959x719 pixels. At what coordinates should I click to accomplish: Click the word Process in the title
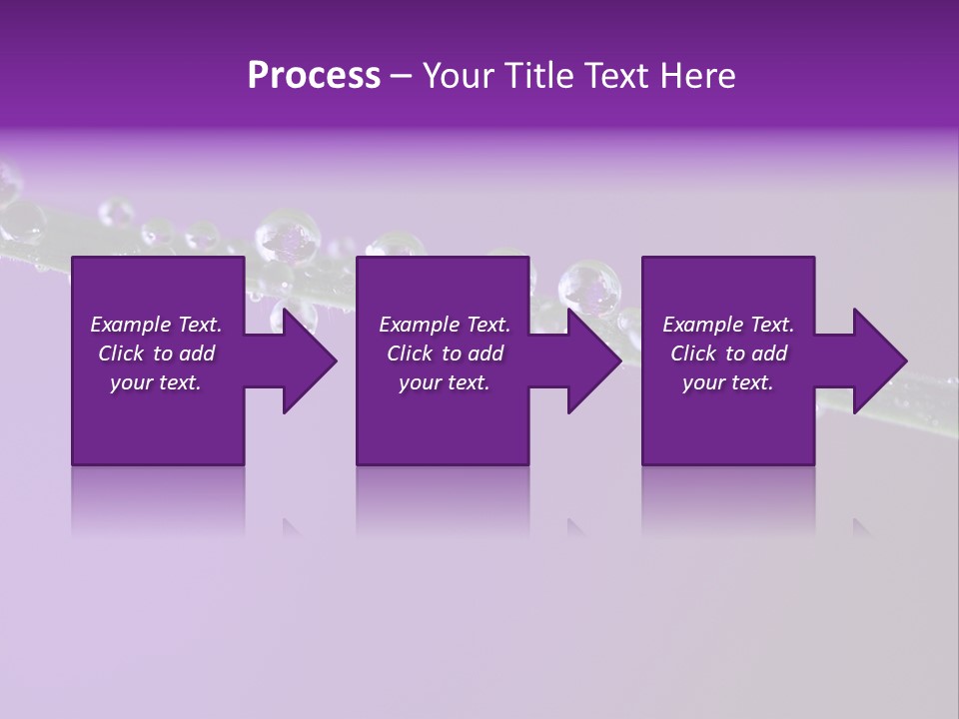[314, 76]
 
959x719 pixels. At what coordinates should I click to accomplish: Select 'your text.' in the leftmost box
[156, 382]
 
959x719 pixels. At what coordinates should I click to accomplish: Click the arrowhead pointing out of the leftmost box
[306, 360]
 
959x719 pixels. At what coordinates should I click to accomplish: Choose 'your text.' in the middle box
[445, 382]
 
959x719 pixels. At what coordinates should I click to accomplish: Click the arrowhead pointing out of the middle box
[591, 360]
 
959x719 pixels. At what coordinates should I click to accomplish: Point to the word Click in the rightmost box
[694, 354]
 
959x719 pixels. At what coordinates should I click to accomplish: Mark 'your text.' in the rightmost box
[728, 382]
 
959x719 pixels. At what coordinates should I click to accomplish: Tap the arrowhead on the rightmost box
[876, 360]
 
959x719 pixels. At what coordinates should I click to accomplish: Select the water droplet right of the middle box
[589, 290]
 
